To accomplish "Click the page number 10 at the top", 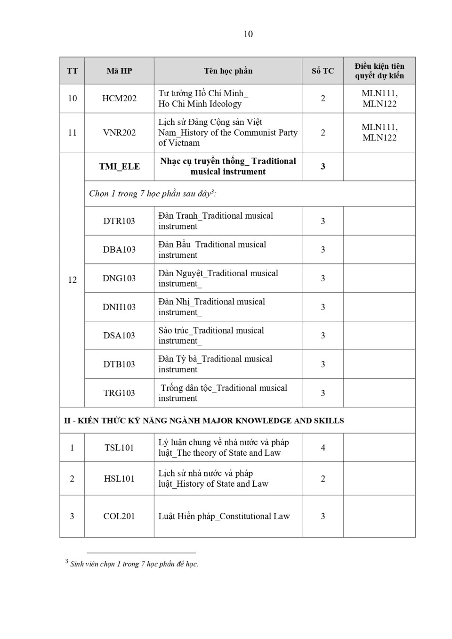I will (248, 34).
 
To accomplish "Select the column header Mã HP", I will (119, 71).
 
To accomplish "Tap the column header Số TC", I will (323, 71).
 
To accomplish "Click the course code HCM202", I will (119, 98).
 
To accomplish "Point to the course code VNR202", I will (119, 132).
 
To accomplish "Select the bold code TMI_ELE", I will (119, 166).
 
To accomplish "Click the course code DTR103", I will (119, 221).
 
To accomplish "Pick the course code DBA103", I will (119, 250).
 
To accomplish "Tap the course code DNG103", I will (119, 279).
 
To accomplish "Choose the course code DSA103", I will (119, 336).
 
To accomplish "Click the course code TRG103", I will (119, 393).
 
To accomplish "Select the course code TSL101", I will (119, 448).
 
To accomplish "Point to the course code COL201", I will (119, 516).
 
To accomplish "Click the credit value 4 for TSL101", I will (323, 448).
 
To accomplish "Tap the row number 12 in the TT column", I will (72, 280).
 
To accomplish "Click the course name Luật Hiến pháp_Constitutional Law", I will (224, 516).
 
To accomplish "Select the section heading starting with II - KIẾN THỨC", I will (204, 420).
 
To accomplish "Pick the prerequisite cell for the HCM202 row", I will (379, 98).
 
